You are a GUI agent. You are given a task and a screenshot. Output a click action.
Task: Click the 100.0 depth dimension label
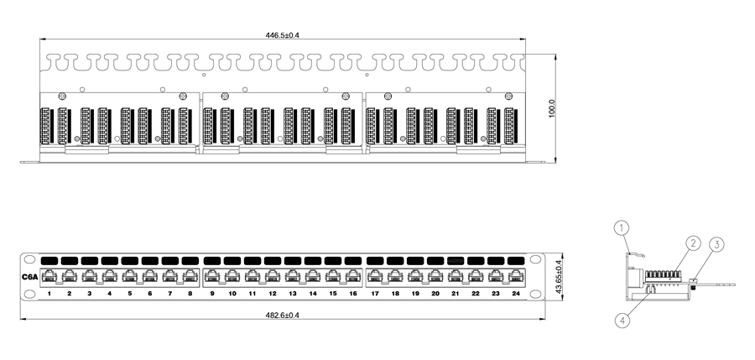click(552, 108)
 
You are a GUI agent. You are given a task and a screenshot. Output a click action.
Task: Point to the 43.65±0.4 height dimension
click(559, 277)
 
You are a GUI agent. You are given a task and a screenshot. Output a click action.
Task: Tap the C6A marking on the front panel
click(30, 277)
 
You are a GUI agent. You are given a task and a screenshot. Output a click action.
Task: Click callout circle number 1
click(622, 227)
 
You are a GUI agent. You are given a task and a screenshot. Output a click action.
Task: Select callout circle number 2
click(693, 243)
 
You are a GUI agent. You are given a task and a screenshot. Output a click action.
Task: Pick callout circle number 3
click(716, 245)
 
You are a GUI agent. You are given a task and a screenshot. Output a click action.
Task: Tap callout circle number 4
click(622, 321)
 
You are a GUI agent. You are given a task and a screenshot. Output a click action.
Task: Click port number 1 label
click(49, 293)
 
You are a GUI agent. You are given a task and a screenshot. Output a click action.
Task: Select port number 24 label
click(516, 293)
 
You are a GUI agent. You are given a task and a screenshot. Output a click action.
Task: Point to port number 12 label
click(273, 293)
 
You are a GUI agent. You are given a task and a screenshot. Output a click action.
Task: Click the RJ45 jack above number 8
click(190, 277)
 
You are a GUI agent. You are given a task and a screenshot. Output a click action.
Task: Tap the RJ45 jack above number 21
click(456, 277)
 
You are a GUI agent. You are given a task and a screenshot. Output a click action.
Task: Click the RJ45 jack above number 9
click(212, 277)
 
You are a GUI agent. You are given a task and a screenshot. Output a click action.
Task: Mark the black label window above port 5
click(129, 261)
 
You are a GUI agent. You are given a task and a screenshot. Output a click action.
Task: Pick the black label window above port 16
click(353, 261)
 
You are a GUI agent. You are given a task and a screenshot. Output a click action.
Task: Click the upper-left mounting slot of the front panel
click(29, 259)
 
